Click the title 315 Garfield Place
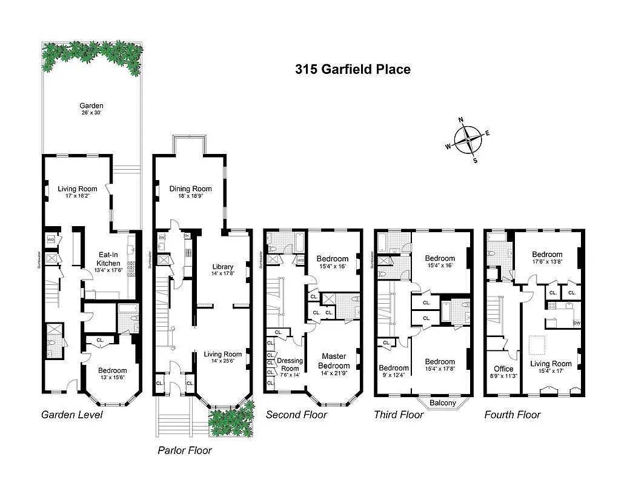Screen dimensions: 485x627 tap(353, 69)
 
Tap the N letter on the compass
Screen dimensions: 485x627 tap(461, 119)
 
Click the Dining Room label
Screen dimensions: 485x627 tap(190, 192)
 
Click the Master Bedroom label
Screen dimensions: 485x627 tap(335, 361)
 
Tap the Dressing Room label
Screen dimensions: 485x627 tap(289, 364)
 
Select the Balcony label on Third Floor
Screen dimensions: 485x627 tap(443, 403)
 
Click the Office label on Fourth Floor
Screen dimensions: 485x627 tap(503, 369)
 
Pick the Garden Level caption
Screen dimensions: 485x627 tap(71, 415)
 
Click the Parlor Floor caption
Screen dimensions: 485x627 tap(185, 450)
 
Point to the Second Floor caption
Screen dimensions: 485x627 tap(296, 415)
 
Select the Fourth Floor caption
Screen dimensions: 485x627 tap(512, 415)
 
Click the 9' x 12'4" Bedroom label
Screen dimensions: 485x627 tap(394, 372)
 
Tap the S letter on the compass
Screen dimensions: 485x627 tap(475, 161)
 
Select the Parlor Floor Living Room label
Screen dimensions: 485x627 tap(222, 358)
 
